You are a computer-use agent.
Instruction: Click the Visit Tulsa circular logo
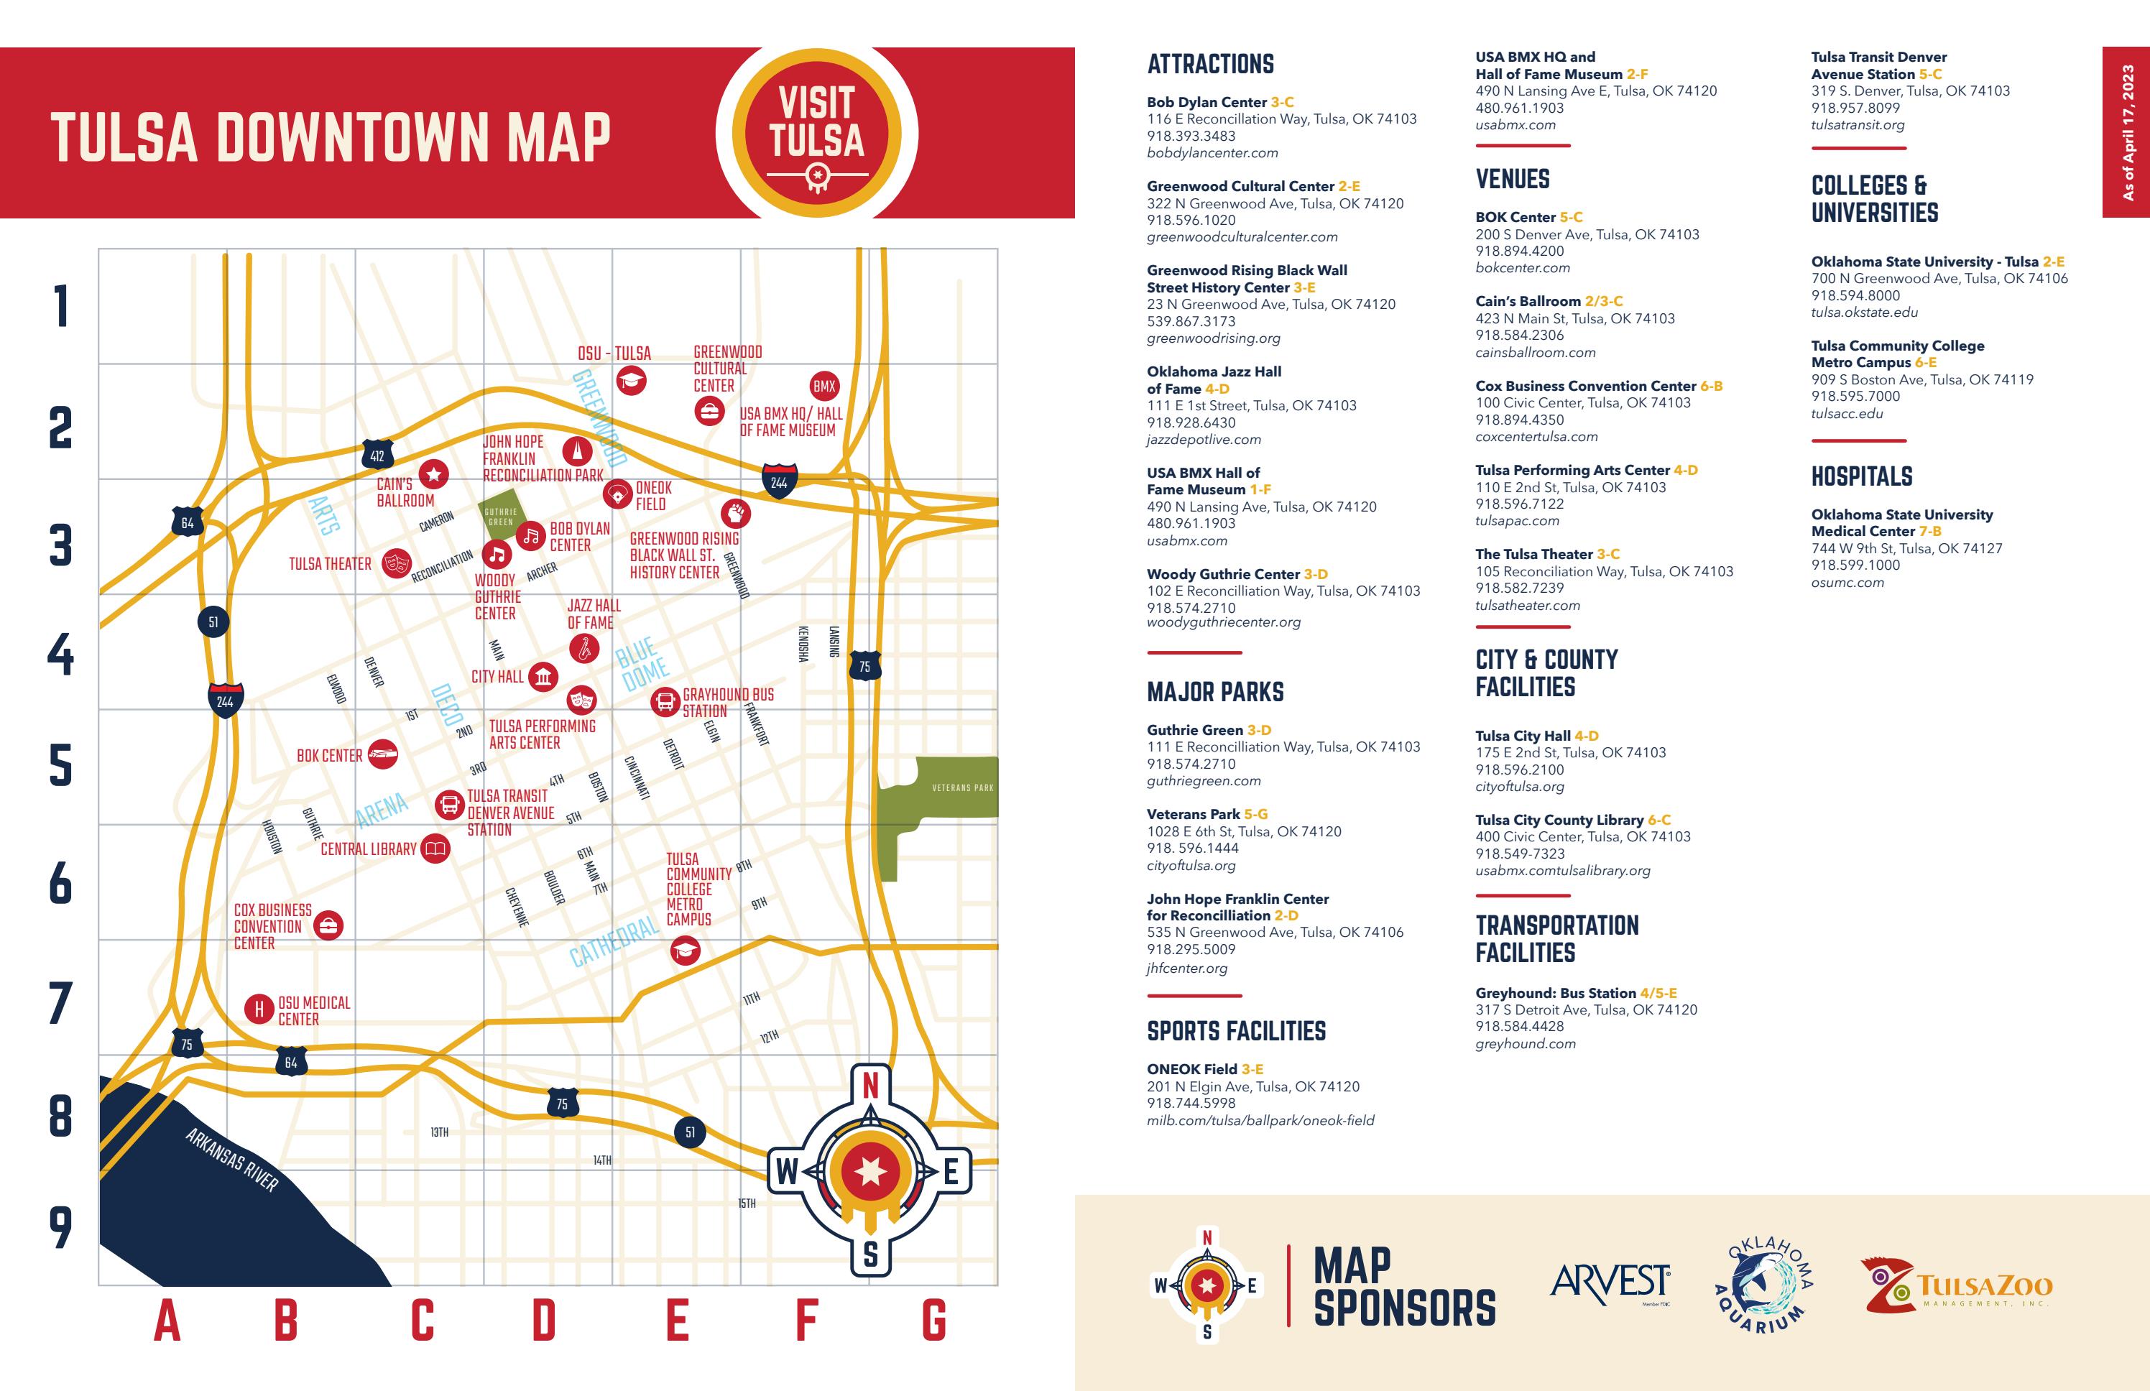816,134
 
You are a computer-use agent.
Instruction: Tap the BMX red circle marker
824,386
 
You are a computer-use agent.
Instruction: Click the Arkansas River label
232,1160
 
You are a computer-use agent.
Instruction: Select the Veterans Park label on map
962,787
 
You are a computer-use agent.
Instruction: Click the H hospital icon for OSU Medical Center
259,1009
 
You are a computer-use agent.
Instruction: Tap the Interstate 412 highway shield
377,456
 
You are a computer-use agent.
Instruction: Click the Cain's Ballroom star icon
433,473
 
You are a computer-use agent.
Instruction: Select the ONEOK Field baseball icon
617,494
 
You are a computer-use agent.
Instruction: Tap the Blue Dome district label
642,662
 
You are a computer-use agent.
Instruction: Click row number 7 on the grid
60,1004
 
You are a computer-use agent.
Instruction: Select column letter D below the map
544,1321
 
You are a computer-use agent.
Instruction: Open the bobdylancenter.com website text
1212,152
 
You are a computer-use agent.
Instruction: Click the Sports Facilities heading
1236,1030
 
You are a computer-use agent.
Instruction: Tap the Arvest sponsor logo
1610,1283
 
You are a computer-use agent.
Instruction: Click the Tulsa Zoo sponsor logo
1956,1285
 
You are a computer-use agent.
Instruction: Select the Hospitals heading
1861,476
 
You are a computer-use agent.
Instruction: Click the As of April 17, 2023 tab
2126,133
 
